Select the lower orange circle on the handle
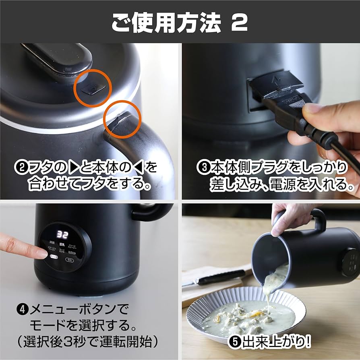tap(122, 120)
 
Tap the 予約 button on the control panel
tap(69, 260)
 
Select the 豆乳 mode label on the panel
tap(62, 244)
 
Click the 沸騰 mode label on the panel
tap(51, 243)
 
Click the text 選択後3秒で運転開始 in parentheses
tap(85, 342)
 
